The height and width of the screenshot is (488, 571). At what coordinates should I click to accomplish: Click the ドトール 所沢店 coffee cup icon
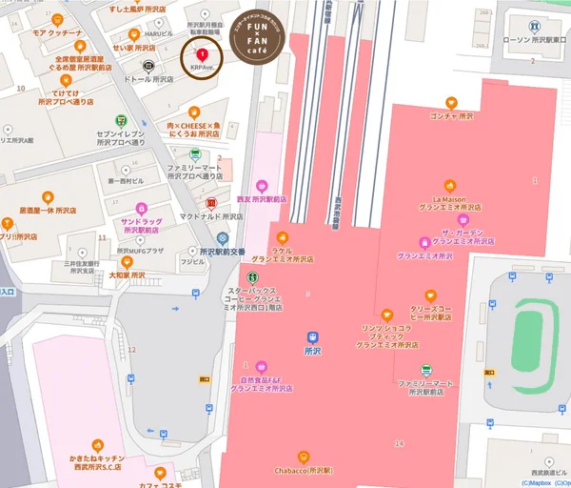(x=148, y=66)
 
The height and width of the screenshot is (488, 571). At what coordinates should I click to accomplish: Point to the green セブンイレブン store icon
(x=120, y=121)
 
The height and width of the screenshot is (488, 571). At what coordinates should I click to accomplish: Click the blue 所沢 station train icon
(x=311, y=336)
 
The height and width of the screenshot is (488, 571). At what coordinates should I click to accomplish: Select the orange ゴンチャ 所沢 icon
(x=451, y=102)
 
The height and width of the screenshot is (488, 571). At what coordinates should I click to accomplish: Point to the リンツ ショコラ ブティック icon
(x=385, y=315)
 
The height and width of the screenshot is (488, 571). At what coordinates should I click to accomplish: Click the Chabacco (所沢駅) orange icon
(x=304, y=456)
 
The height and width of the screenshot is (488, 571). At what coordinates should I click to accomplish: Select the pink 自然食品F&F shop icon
(x=261, y=365)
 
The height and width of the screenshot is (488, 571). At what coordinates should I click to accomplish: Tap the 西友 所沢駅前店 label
(x=262, y=199)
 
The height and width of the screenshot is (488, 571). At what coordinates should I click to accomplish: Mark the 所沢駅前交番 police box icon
(x=222, y=237)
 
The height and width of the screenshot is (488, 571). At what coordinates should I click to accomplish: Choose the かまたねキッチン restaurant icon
(x=96, y=444)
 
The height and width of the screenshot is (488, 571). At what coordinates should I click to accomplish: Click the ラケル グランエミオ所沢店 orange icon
(x=282, y=237)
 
